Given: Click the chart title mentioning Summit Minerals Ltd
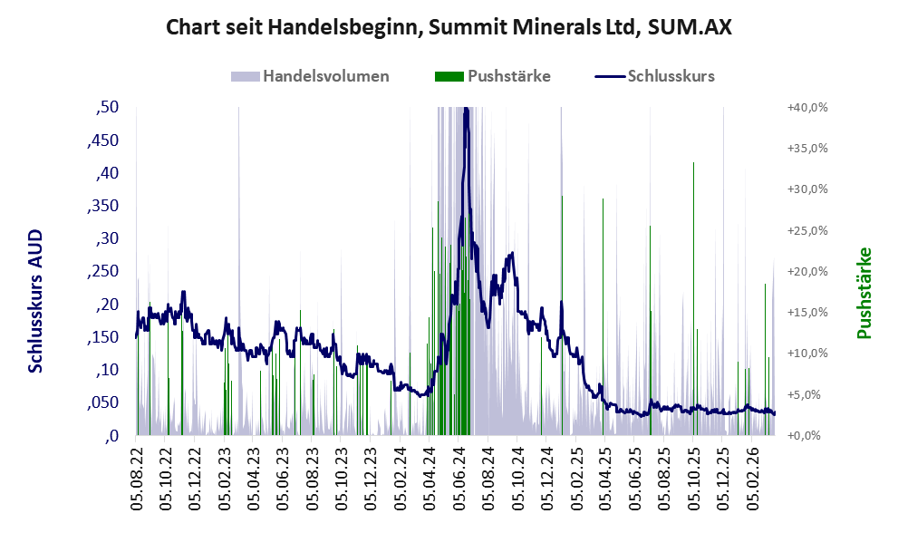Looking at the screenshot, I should point(449,27).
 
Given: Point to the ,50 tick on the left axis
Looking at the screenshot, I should point(107,108).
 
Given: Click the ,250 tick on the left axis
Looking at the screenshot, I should point(101,272).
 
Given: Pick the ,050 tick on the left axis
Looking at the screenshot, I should point(101,403).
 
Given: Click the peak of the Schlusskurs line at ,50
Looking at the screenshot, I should point(466,110).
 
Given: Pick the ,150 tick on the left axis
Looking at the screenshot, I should point(101,338).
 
